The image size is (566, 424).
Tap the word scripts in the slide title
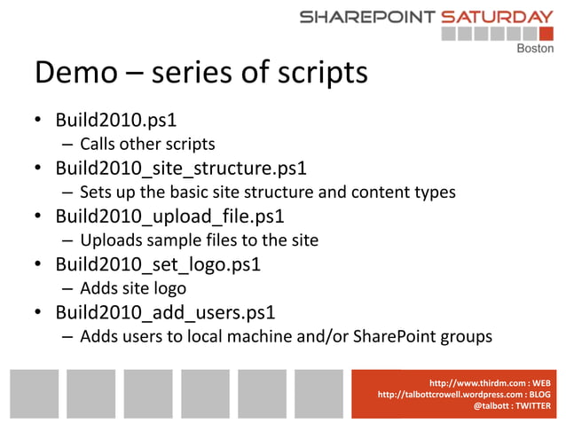[x=316, y=75]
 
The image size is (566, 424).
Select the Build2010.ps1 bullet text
[x=115, y=120]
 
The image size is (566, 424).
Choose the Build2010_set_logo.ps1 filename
[x=156, y=264]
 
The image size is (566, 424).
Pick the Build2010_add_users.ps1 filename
[x=165, y=312]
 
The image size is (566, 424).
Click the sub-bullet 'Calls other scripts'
[x=147, y=144]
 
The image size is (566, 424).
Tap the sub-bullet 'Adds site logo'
[x=132, y=288]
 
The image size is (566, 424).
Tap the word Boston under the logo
[x=534, y=49]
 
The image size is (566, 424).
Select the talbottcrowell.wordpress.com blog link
[x=452, y=394]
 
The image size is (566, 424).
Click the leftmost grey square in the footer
[x=35, y=393]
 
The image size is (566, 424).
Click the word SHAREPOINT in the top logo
[x=366, y=16]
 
